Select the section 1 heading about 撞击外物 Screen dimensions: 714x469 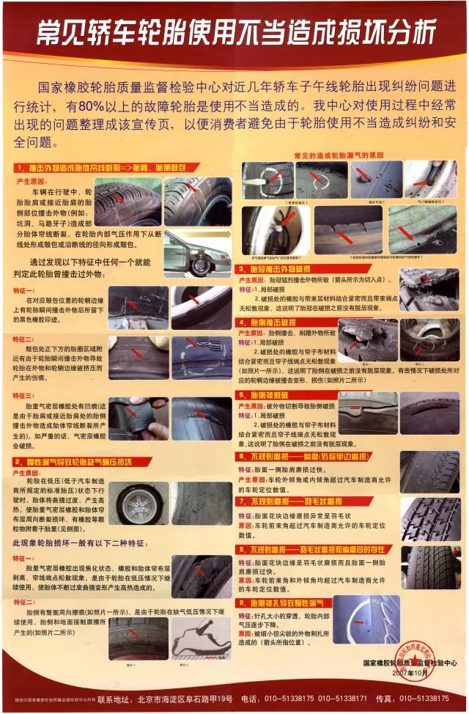point(99,169)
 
